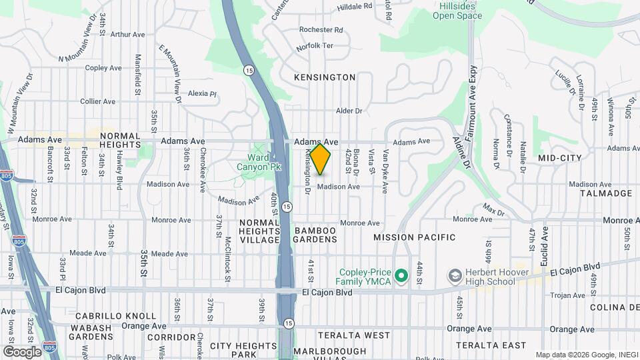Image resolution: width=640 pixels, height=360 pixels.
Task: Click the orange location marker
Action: point(320,159)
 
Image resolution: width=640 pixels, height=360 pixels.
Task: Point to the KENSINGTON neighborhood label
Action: point(325,77)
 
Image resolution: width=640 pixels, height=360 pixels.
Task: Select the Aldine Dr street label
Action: point(461,153)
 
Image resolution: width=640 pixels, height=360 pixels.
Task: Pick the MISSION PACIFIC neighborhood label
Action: point(414,237)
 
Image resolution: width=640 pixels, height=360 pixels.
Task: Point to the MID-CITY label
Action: point(559,158)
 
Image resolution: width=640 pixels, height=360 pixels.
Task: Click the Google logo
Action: point(21,351)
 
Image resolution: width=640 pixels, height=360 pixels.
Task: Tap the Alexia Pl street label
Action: point(202,94)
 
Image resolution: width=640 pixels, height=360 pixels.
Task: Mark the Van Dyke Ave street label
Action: point(385,172)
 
